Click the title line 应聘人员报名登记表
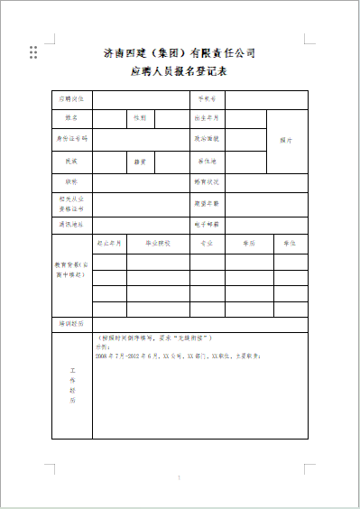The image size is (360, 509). point(180,70)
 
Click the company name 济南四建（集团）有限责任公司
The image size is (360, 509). point(180,52)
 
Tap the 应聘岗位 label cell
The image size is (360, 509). point(72,98)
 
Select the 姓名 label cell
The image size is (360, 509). point(72,117)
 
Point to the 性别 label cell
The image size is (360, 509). point(142,117)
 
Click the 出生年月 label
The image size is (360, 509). point(208,117)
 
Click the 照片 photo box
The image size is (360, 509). point(287,140)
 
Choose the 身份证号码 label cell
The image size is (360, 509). point(72,139)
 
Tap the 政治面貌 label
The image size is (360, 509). point(208,139)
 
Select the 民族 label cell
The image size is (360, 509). point(72,161)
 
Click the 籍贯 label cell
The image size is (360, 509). point(142,161)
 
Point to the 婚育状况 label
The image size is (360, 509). point(208,181)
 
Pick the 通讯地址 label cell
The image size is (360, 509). point(72,223)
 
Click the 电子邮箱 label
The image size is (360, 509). point(208,223)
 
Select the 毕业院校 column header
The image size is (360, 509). point(157,244)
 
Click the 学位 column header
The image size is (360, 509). point(290,244)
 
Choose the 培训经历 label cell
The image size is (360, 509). point(72,322)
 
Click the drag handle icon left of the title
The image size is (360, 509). point(33,52)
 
